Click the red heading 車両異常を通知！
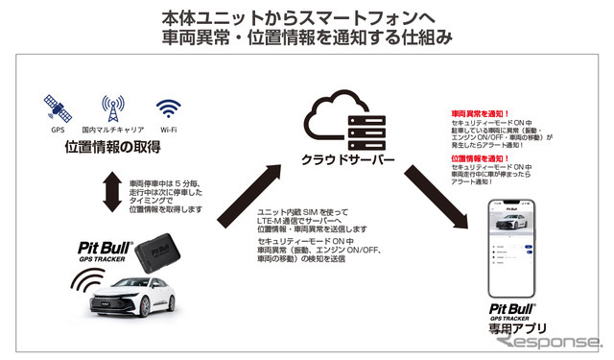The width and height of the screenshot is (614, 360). click(479, 113)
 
